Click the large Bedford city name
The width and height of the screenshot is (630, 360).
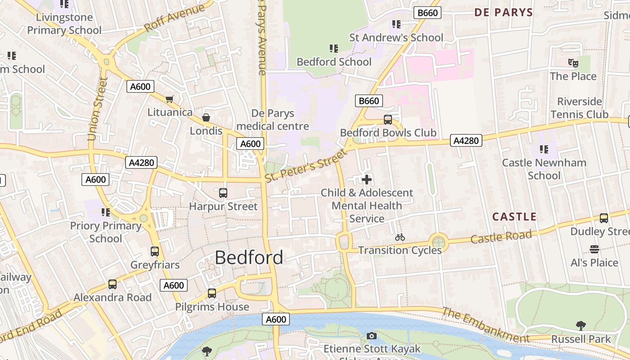tap(249, 257)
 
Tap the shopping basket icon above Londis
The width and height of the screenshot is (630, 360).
tap(206, 117)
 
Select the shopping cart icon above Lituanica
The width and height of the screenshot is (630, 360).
tap(170, 99)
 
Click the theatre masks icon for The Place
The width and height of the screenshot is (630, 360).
tap(573, 63)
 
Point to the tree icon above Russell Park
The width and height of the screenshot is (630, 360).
tap(581, 325)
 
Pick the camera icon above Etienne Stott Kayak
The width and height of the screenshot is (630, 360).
tap(372, 336)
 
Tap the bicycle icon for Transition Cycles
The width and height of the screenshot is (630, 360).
tap(400, 237)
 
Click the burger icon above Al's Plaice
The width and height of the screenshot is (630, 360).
tap(594, 249)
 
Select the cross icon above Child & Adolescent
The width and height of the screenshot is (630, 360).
tap(367, 180)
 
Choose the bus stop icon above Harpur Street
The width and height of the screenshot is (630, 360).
tap(223, 193)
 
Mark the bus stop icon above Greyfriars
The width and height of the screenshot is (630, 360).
tap(155, 252)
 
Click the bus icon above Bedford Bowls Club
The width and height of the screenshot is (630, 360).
tap(388, 120)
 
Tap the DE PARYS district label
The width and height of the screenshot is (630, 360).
tap(504, 13)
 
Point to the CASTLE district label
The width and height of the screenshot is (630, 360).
tap(514, 217)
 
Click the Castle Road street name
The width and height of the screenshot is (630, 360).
tap(501, 236)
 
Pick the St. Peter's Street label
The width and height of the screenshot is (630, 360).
tap(306, 166)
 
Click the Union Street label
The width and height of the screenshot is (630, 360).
tap(98, 109)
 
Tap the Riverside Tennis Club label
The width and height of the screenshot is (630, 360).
tap(580, 108)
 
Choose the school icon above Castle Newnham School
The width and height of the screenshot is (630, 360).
tap(544, 149)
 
